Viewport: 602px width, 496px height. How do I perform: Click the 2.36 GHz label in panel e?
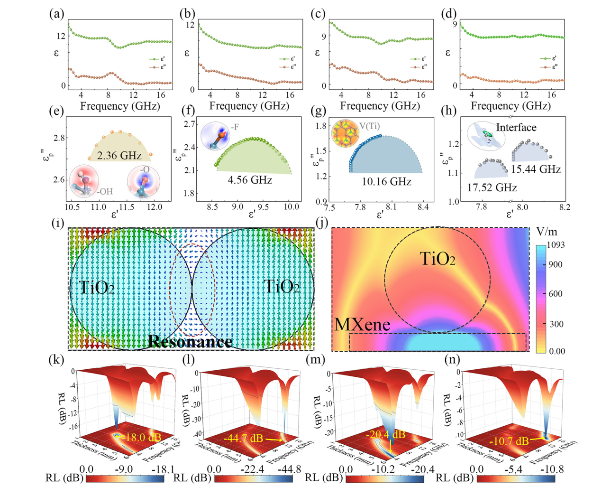[119, 155]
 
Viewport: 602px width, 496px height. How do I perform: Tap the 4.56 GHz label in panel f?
[250, 180]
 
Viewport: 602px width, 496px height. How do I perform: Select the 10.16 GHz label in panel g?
[386, 182]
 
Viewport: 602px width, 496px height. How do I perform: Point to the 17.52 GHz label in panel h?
[492, 187]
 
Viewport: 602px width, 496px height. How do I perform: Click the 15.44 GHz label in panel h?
[536, 169]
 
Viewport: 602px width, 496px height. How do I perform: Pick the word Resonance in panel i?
[190, 341]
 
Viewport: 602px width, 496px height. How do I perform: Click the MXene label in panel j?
[362, 325]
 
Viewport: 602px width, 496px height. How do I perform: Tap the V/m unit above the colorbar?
[547, 232]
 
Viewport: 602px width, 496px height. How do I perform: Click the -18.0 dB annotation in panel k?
[142, 437]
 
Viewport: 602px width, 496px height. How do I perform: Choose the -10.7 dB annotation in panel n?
[509, 441]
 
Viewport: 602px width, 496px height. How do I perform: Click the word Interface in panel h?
[516, 127]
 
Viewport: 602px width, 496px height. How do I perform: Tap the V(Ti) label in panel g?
[370, 126]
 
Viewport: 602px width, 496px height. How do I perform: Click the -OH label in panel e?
[105, 191]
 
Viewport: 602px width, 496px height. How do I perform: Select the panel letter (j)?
[322, 222]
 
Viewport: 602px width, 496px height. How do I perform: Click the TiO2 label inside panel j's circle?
[438, 259]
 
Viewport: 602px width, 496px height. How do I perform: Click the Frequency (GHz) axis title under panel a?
[120, 106]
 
